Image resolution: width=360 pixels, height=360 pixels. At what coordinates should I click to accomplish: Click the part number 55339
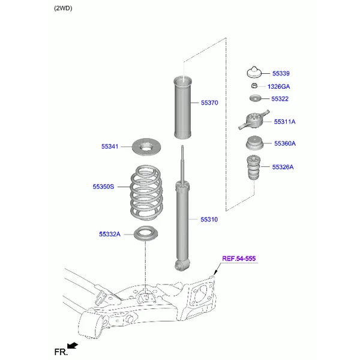pos(280,74)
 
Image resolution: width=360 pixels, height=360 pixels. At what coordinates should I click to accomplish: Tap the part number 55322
pos(280,99)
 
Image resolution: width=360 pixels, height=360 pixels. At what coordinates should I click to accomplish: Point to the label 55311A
pos(284,122)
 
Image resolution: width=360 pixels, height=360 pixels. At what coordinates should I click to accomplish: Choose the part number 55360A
pos(284,144)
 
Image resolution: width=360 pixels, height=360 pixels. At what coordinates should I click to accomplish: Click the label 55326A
pos(283,167)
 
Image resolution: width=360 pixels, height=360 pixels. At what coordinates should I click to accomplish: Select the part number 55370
pos(209,103)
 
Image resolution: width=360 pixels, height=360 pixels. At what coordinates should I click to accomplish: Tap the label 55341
pos(110,146)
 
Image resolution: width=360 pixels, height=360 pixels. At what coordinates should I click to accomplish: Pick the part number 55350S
pos(103,187)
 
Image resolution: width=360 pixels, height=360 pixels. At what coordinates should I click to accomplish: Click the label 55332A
pos(110,234)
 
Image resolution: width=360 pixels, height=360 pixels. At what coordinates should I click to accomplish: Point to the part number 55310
pos(209,220)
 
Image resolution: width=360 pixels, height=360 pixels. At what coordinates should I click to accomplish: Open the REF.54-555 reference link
pos(239,259)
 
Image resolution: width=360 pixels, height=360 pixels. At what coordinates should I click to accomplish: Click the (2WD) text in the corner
pos(63,8)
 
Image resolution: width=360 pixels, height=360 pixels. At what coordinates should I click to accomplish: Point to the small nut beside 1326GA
pos(254,87)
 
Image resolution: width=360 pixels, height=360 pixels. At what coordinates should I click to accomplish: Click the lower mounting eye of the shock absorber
pos(181,265)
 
